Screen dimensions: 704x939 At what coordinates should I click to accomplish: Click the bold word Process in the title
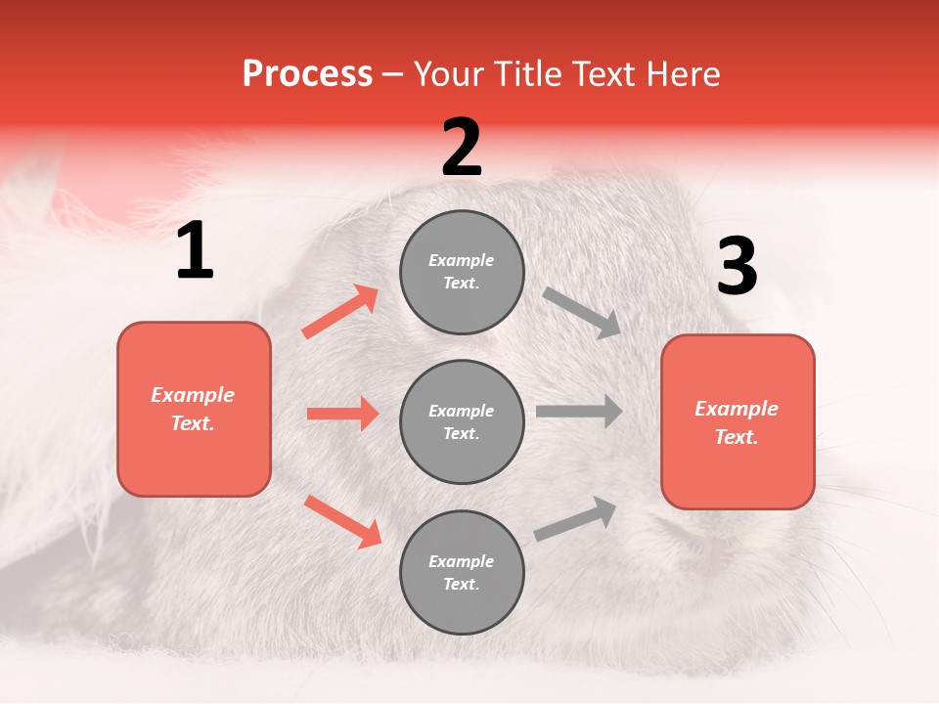[x=307, y=74]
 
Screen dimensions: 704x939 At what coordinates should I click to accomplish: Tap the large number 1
[x=195, y=251]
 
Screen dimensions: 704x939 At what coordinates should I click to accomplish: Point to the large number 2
[x=462, y=148]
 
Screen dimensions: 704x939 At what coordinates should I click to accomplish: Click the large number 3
[x=737, y=266]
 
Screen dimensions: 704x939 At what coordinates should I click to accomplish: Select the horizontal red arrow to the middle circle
[x=342, y=414]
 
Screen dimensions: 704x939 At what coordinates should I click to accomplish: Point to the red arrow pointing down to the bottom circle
[x=342, y=521]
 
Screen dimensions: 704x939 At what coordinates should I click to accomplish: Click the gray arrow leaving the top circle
[x=582, y=312]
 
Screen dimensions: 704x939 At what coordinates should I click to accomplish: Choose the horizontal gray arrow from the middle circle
[x=579, y=412]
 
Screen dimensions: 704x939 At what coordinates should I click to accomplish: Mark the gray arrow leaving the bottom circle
[x=576, y=519]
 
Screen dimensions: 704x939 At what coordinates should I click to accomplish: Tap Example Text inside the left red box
[x=193, y=409]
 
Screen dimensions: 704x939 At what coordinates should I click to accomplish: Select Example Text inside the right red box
[x=737, y=422]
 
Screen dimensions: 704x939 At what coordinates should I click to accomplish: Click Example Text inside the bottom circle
[x=462, y=573]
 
